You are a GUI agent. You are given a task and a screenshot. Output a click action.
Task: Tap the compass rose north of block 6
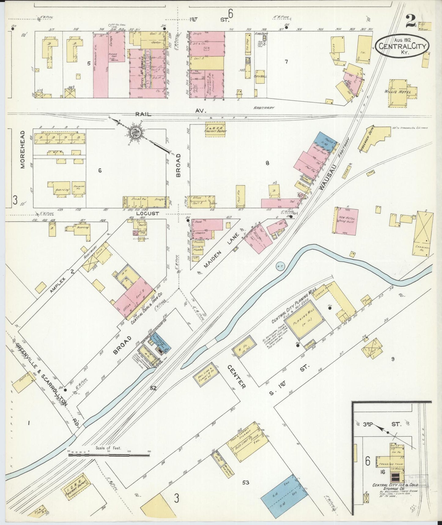(134, 133)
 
